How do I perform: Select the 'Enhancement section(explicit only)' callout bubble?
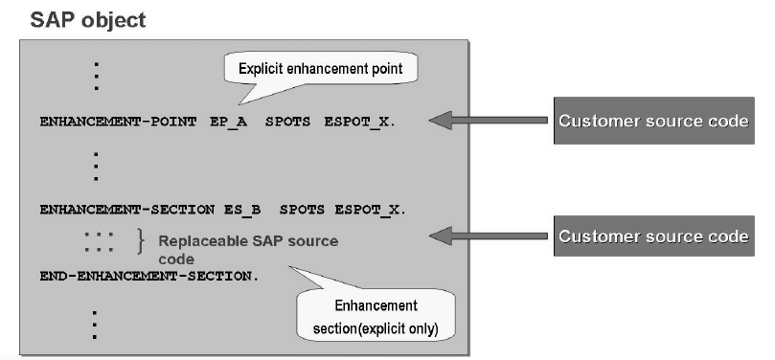tap(375, 315)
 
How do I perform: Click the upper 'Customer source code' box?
tap(651, 121)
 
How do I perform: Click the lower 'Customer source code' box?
tap(651, 236)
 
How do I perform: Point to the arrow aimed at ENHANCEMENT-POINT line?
tap(483, 121)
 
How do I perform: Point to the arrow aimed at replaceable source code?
tap(483, 236)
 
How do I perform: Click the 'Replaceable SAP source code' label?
tap(247, 249)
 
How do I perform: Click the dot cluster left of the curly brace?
tap(98, 244)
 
